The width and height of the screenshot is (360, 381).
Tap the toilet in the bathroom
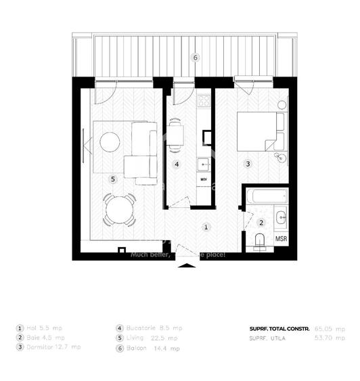259,240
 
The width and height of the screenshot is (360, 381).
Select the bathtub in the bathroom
266,198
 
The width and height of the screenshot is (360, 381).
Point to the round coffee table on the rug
110,141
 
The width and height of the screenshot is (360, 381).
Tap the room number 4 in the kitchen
177,164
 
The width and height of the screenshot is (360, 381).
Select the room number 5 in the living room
113,179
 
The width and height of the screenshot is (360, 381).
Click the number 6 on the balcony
195,58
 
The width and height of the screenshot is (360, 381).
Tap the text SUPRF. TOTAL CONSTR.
279,328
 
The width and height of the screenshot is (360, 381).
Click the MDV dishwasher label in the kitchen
203,179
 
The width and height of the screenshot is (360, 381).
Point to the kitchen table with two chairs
176,133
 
